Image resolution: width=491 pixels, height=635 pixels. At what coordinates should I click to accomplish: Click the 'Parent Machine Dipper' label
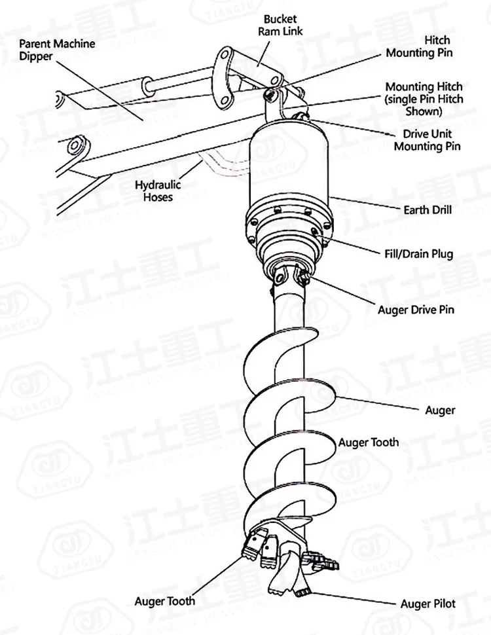coord(56,50)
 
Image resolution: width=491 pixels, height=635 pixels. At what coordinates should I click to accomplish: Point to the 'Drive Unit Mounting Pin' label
coord(426,139)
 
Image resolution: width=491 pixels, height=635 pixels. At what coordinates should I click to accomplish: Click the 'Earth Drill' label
coord(427,211)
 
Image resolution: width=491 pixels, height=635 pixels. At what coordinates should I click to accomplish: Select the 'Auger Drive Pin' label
coord(416,309)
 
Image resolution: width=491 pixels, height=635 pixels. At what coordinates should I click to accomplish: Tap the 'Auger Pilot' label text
coord(427,603)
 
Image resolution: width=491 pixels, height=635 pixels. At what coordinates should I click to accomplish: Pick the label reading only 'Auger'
coord(440,410)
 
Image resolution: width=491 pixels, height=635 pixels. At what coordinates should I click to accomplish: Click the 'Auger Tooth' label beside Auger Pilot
coord(164,600)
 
